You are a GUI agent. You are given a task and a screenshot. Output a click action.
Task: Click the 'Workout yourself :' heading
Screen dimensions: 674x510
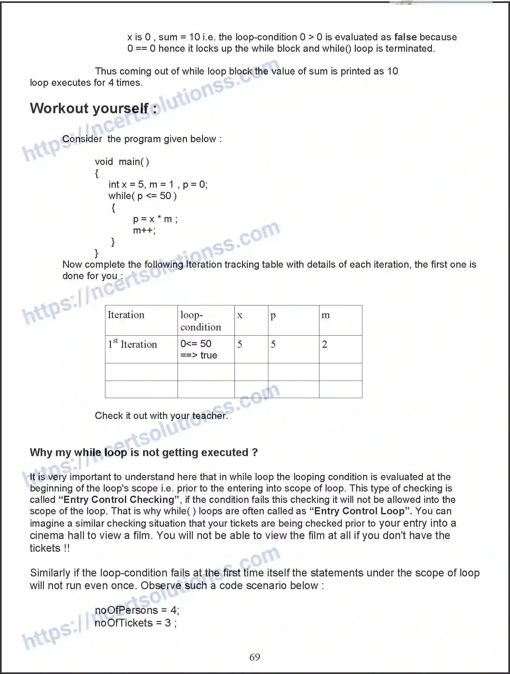tap(93, 108)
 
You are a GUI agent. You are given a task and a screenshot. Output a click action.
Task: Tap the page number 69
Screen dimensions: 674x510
tap(255, 657)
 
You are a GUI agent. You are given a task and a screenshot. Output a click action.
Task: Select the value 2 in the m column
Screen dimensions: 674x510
tap(325, 344)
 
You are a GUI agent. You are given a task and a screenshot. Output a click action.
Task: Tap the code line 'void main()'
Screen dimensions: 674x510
tap(122, 162)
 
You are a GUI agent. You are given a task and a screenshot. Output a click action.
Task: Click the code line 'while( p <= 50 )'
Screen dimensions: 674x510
tap(142, 196)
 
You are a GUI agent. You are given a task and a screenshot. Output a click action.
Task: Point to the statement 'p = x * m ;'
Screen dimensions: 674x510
tap(155, 219)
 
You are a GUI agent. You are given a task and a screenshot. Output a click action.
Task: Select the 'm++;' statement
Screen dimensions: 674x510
tap(144, 231)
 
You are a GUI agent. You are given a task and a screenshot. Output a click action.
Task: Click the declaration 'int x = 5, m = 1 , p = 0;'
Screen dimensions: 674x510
tap(158, 184)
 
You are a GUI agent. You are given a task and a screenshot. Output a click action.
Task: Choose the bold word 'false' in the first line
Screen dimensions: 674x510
tap(405, 37)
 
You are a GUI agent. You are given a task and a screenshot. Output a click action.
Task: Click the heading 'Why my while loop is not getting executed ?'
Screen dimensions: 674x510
tap(144, 452)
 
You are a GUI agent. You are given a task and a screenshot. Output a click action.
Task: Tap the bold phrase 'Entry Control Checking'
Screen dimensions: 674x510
tap(119, 499)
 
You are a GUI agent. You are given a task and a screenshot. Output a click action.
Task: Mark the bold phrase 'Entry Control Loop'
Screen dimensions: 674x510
tap(361, 511)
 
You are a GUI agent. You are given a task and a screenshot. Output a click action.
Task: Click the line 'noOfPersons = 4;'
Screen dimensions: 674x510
tap(137, 610)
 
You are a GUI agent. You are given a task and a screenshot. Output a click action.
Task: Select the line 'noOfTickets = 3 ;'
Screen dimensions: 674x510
tap(136, 623)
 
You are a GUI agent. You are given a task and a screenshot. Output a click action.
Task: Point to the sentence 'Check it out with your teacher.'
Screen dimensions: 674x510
tap(161, 416)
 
